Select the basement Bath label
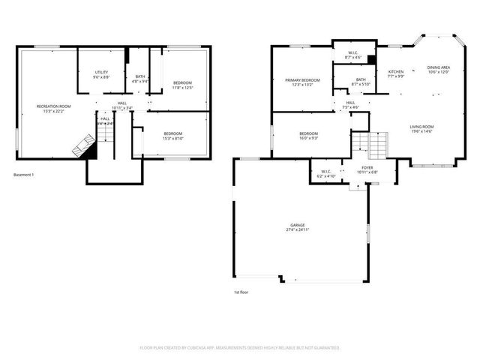point(140,76)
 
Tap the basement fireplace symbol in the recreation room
point(82,145)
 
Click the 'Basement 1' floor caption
point(25,175)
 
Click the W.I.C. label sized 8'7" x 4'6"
point(352,55)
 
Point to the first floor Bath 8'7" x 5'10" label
point(361,82)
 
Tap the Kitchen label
point(396,73)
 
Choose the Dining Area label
point(438,69)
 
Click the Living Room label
point(421,129)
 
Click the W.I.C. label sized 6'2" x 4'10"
point(326,173)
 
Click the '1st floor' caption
point(241,292)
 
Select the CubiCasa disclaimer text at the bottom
point(240,348)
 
